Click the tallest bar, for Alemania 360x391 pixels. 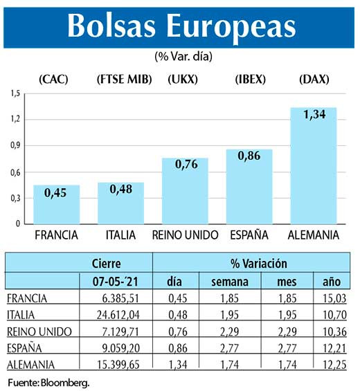point(313,166)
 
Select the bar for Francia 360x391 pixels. point(57,205)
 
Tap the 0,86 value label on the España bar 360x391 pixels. point(249,157)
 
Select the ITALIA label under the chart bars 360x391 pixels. point(120,235)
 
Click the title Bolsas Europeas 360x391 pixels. point(180,26)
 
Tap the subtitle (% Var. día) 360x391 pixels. point(180,55)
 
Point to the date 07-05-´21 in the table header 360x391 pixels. point(115,282)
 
